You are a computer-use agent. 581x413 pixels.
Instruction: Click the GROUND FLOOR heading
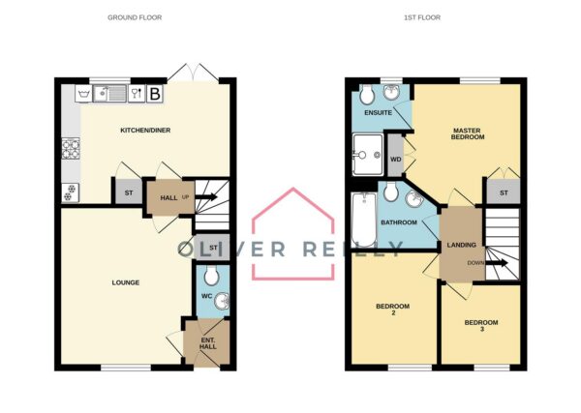click(135, 17)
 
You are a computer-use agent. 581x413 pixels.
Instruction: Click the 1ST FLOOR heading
click(422, 17)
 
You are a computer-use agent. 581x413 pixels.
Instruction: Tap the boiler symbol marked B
click(155, 94)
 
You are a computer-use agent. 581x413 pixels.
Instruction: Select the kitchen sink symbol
click(109, 93)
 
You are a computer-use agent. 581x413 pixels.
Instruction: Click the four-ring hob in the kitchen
click(71, 148)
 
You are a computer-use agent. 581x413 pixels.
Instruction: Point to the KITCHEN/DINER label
click(145, 131)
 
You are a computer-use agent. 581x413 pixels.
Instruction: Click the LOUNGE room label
click(126, 282)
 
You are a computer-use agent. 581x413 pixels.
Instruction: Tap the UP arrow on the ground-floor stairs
click(206, 197)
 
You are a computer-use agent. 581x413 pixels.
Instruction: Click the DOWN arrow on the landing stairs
click(496, 263)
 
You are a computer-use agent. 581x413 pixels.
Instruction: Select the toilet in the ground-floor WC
click(211, 276)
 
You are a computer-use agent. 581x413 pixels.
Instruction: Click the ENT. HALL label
click(208, 343)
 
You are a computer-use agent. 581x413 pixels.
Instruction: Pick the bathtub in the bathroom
click(364, 220)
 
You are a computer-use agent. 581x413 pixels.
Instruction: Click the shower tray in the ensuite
click(368, 155)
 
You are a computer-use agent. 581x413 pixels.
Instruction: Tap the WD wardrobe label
click(396, 160)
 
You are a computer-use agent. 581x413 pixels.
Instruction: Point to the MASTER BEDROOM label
click(468, 133)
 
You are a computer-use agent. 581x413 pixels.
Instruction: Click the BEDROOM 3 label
click(481, 325)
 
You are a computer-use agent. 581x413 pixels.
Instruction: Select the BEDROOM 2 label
click(393, 310)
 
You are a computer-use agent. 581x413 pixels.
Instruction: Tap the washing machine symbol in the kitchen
click(83, 93)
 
